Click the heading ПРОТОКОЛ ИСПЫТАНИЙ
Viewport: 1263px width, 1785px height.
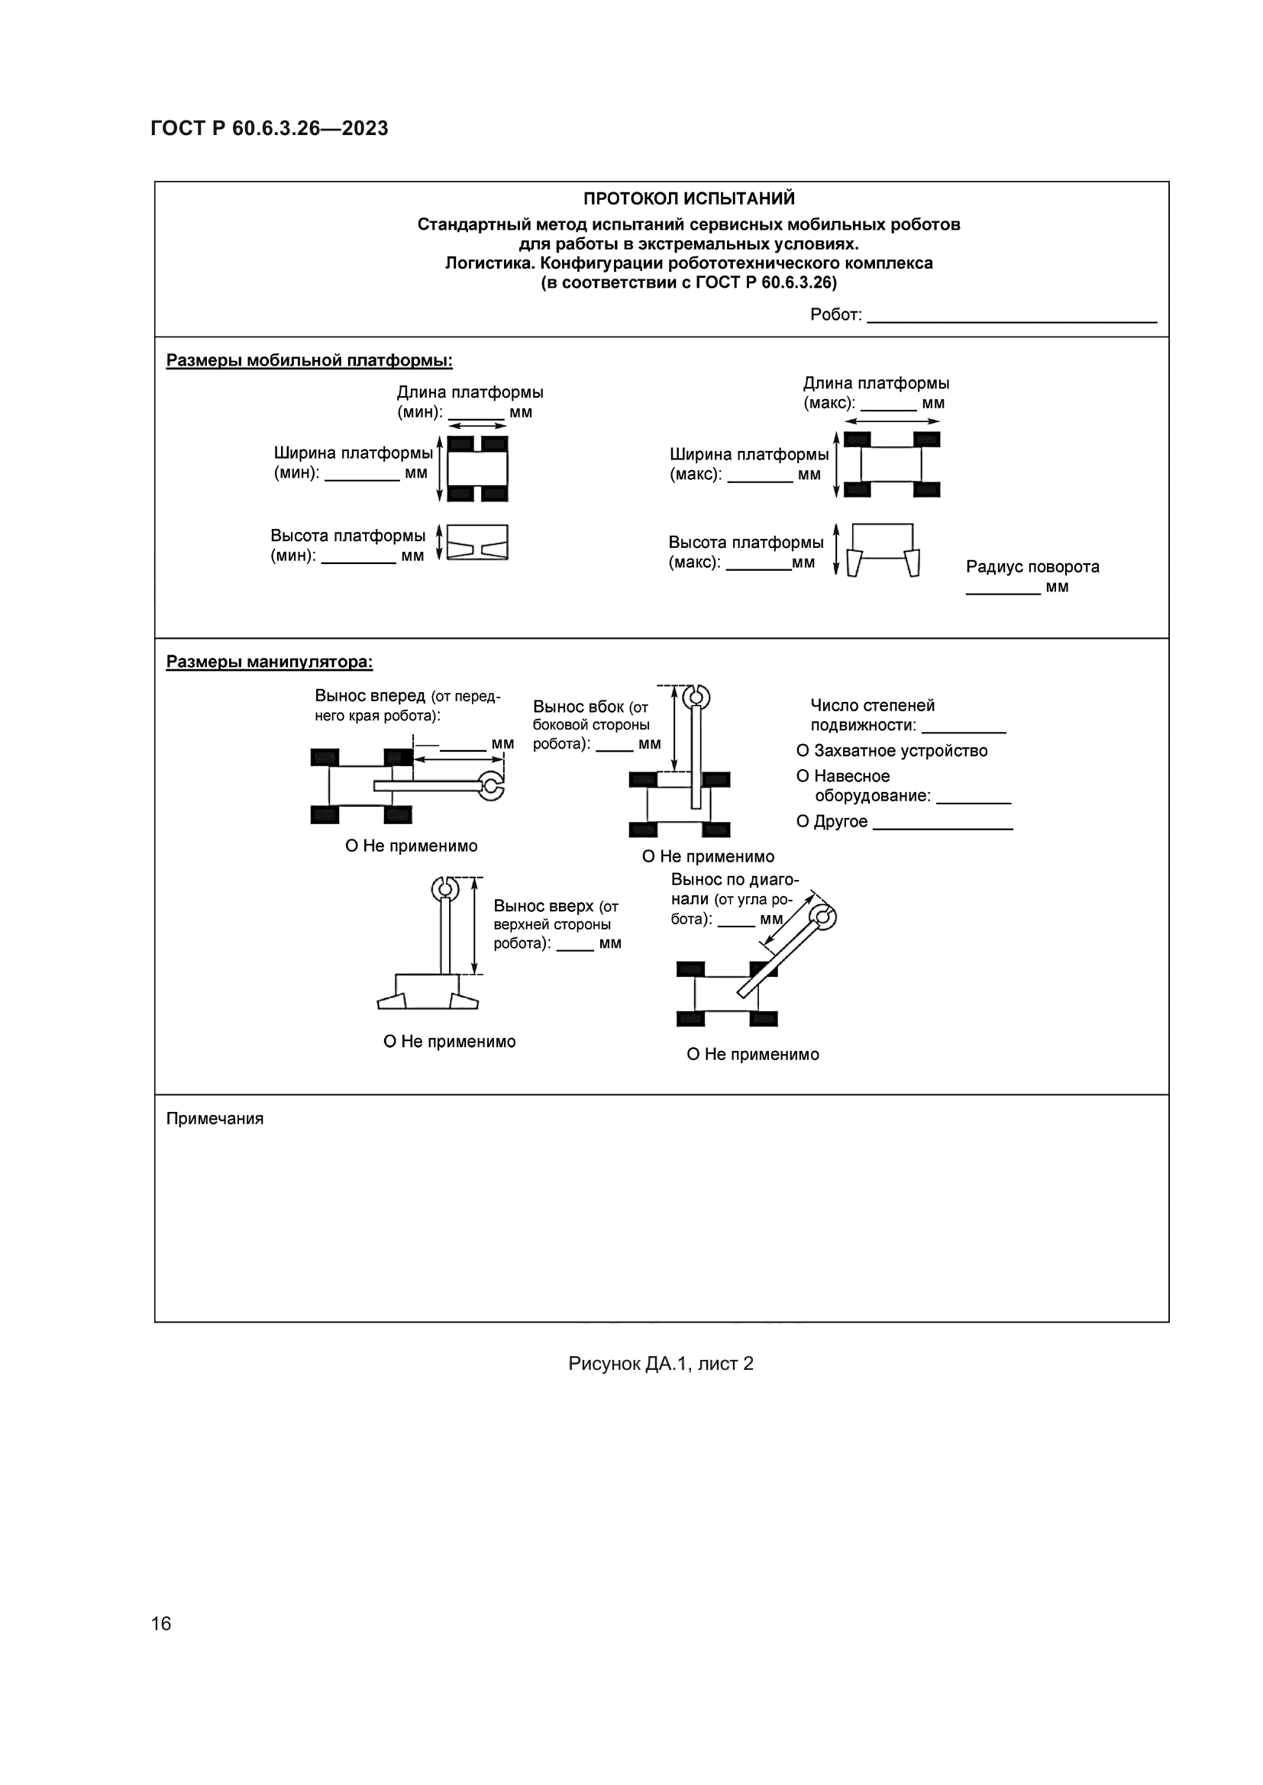coord(688,199)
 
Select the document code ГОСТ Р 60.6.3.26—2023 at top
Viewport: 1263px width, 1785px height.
coord(269,128)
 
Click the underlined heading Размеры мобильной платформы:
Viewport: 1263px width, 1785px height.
coord(308,361)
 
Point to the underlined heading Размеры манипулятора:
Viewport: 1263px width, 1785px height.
coord(269,662)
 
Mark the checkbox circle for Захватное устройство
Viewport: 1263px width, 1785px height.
coord(803,751)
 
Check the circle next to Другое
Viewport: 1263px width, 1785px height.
coord(803,822)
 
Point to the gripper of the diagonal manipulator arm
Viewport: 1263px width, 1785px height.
coord(825,917)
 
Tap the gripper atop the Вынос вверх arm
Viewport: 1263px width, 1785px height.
coord(445,887)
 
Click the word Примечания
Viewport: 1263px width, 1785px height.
coord(215,1119)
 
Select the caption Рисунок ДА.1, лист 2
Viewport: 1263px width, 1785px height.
coord(661,1364)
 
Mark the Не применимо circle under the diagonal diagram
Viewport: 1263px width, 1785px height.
coord(693,1055)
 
